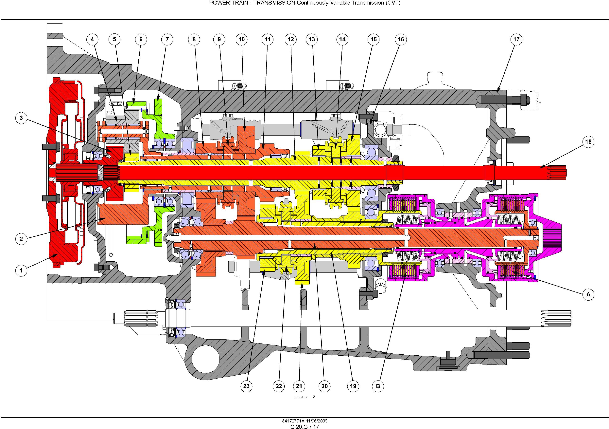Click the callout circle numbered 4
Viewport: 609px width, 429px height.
pos(92,40)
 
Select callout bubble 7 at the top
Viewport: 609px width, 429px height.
pos(167,40)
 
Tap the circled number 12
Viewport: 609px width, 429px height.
pos(291,40)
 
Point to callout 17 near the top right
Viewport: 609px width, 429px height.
pos(516,40)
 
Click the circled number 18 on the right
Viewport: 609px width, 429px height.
pos(588,142)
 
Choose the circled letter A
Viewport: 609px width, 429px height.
pos(588,294)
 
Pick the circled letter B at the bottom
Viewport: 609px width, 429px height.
pos(378,386)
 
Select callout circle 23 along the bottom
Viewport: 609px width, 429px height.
pos(246,386)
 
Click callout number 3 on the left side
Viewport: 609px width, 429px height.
pos(21,118)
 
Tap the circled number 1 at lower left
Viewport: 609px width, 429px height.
pos(21,271)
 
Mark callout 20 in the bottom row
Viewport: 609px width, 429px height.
pos(325,386)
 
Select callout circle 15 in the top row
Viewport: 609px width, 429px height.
pos(374,40)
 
